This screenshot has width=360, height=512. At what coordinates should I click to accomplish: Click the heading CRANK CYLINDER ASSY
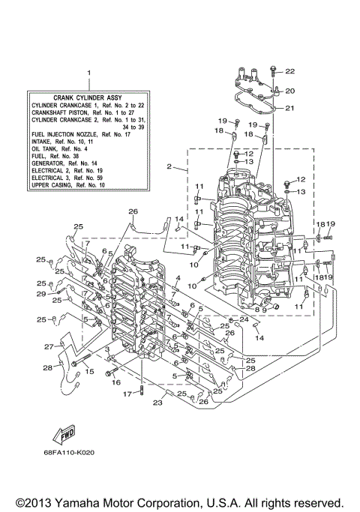[x=89, y=97]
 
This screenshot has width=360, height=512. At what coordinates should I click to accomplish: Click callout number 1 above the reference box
[x=88, y=73]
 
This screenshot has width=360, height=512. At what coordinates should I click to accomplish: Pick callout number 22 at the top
[x=289, y=71]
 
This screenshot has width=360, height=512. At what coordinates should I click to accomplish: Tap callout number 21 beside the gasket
[x=289, y=108]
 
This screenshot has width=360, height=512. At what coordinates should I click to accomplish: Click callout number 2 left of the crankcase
[x=170, y=166]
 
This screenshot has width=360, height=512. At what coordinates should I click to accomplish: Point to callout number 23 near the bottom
[x=157, y=403]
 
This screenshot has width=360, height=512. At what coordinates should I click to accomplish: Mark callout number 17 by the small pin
[x=127, y=394]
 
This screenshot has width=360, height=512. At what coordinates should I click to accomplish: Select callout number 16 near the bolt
[x=115, y=382]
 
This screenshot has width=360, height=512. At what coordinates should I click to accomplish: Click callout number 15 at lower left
[x=88, y=372]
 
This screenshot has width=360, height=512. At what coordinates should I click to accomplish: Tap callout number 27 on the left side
[x=47, y=346]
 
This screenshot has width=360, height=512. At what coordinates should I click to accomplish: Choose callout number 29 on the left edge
[x=41, y=295]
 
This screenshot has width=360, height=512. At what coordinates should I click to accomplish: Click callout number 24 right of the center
[x=244, y=320]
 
